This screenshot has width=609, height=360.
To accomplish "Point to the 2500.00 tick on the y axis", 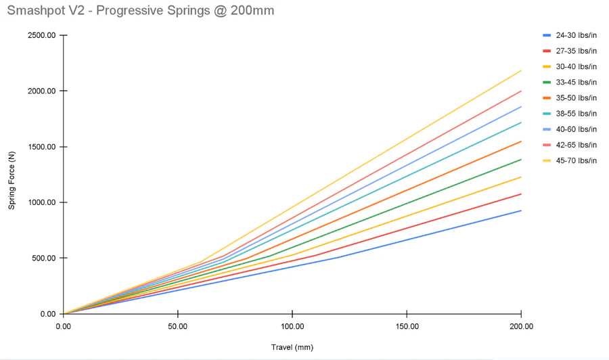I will pos(41,35).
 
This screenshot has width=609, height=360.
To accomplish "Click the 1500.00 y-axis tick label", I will pos(41,147).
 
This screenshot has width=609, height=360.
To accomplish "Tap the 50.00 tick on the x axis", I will pos(177,326).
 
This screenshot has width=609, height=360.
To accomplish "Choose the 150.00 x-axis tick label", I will pos(407,326).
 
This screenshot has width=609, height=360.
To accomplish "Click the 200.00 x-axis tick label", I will pos(520,326).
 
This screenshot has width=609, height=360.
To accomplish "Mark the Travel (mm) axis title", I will pos(292,347).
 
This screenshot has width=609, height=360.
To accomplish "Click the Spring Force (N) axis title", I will pos(12,175).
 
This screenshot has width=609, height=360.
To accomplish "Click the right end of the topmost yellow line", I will pos(520,70).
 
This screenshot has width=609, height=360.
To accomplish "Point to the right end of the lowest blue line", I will pos(520,210).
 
